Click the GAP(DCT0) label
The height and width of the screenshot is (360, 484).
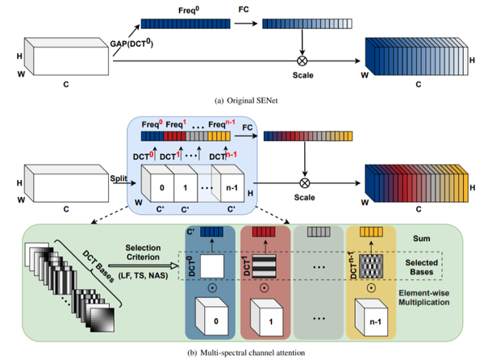click(x=131, y=44)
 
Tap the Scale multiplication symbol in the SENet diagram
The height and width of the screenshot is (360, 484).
click(x=302, y=61)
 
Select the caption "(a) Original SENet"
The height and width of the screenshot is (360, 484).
click(x=246, y=101)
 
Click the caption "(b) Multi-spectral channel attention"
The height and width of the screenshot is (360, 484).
click(x=246, y=353)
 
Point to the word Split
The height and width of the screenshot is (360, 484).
click(x=119, y=178)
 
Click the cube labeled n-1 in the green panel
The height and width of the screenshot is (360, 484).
click(x=371, y=317)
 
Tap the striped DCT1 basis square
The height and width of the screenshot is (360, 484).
click(x=264, y=266)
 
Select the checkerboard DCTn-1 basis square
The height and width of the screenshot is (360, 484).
click(x=371, y=266)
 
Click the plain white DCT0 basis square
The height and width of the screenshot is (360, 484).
click(x=212, y=266)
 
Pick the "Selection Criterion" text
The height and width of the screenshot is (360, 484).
click(x=143, y=253)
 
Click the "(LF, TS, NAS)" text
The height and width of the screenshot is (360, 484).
click(x=144, y=275)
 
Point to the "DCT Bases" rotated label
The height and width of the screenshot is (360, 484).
click(x=98, y=266)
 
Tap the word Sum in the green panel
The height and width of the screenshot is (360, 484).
click(x=421, y=238)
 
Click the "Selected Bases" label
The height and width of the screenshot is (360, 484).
click(x=421, y=267)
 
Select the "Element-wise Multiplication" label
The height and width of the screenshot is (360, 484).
click(x=423, y=297)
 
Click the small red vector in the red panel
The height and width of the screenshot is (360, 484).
click(x=264, y=232)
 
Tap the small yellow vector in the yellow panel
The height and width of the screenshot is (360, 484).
click(x=371, y=232)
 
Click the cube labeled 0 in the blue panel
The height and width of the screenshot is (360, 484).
click(x=211, y=316)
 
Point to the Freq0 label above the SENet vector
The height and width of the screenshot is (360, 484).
click(x=189, y=10)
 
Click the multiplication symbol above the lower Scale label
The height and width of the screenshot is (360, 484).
click(x=305, y=183)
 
